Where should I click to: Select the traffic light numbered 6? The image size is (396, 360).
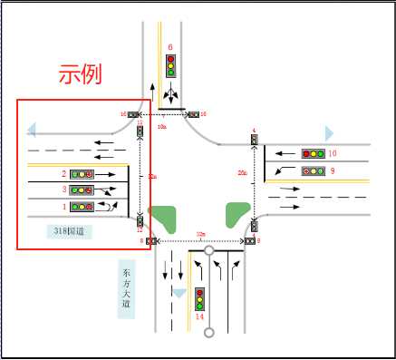170,65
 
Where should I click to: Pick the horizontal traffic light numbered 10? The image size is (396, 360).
313,153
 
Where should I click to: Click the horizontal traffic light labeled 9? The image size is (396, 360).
313,170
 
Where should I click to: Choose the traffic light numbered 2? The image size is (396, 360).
82,173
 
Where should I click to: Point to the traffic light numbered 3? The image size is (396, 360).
82,190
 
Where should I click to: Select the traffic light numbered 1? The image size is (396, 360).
82,207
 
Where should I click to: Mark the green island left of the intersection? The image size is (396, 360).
162,219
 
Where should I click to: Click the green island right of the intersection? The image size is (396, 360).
237,214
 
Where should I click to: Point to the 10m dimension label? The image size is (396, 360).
162,128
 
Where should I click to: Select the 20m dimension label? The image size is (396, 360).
242,172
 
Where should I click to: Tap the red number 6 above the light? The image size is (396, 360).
170,44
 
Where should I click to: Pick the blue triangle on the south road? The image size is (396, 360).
179,294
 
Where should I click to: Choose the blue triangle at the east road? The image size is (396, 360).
330,132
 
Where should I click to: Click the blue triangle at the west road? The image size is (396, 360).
32,130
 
